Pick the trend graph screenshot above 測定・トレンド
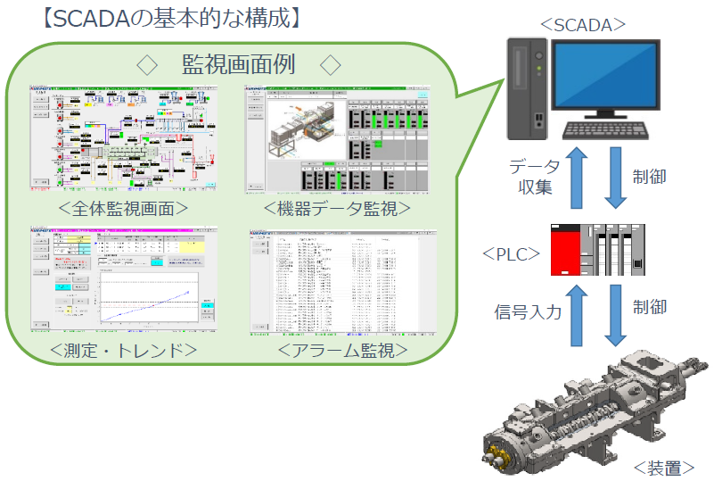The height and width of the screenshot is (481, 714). coord(123,278)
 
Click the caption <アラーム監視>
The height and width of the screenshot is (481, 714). coord(342,350)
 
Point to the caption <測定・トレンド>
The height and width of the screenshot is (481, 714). coord(126,350)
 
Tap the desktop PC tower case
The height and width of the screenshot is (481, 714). coord(528,87)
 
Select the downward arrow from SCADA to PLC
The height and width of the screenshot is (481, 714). coord(615,178)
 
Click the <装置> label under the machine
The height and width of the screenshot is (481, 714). coord(663,466)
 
